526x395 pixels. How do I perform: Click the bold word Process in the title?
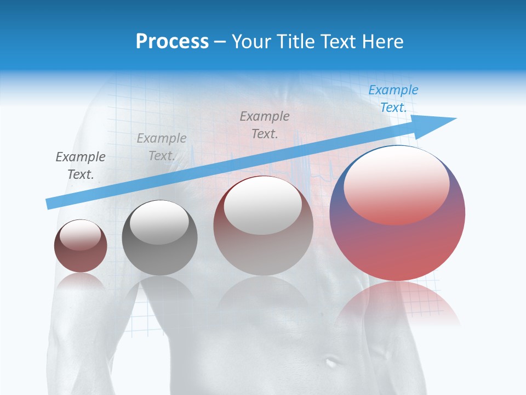click(172, 42)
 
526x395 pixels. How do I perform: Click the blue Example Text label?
click(393, 99)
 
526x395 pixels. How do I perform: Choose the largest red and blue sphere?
click(397, 241)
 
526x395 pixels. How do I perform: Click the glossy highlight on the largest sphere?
click(396, 184)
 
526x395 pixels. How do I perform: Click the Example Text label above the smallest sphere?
click(81, 166)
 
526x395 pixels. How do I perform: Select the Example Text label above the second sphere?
click(162, 146)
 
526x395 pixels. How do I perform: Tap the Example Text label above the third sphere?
click(265, 125)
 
